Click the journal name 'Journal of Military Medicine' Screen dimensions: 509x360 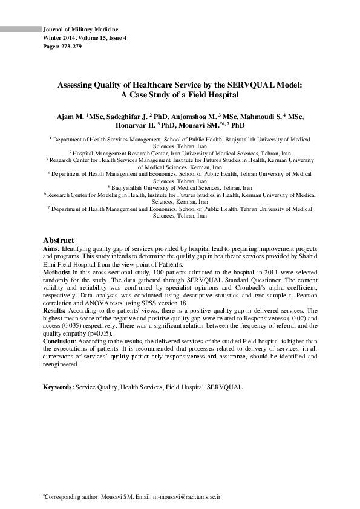coord(80,30)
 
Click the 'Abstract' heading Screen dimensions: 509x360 coord(58,240)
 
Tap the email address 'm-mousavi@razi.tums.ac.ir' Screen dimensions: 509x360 coord(186,496)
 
